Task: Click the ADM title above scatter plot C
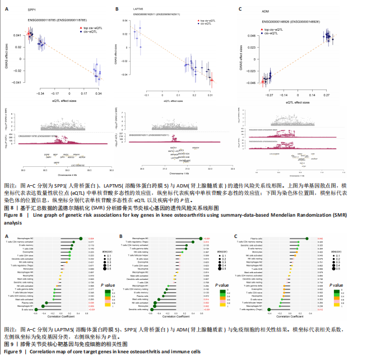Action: click(x=266, y=10)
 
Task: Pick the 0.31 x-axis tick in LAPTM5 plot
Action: click(x=211, y=95)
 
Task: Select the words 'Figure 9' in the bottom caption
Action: click(x=13, y=352)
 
